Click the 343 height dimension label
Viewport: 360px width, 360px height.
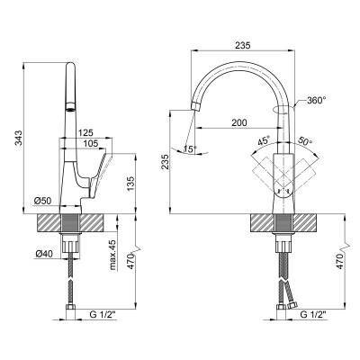pyautogui.click(x=19, y=138)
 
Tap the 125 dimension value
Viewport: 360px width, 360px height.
pyautogui.click(x=85, y=132)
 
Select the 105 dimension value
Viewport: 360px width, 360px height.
pyautogui.click(x=90, y=144)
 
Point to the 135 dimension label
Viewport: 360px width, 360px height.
pyautogui.click(x=131, y=183)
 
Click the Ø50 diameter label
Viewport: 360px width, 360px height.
pyautogui.click(x=43, y=201)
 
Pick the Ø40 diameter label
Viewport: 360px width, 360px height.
pyautogui.click(x=44, y=254)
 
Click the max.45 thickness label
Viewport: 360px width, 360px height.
pyautogui.click(x=113, y=256)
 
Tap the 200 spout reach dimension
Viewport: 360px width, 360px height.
pyautogui.click(x=239, y=122)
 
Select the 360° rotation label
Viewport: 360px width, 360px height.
pyautogui.click(x=316, y=100)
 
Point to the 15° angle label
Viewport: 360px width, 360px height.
pyautogui.click(x=191, y=148)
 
